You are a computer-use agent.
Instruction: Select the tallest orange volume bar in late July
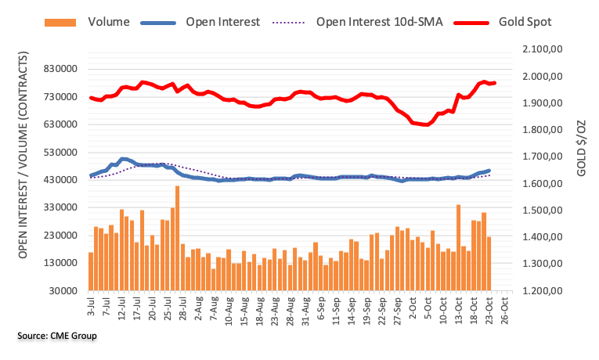click(178, 238)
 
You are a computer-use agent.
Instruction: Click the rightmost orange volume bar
click(489, 263)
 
